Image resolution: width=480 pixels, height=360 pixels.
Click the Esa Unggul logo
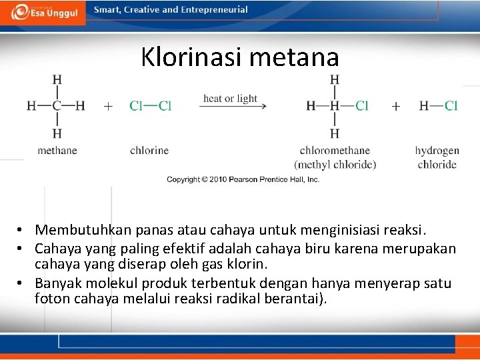point(43,12)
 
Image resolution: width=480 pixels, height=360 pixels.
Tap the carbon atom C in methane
point(57,105)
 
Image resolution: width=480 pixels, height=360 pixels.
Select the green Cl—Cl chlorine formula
point(150,105)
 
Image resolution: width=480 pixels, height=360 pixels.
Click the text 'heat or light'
point(230,98)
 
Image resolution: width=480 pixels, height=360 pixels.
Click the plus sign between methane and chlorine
point(108,106)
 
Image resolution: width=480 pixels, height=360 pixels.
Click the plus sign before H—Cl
point(396,106)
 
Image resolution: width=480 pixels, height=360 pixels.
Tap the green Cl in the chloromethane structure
point(361,105)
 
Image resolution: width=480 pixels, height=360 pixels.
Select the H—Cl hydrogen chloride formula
point(438,105)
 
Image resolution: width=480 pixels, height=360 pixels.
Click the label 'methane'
point(57,151)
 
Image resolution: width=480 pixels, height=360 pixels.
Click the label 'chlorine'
point(149,151)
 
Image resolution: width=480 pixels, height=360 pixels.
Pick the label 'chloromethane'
point(335,151)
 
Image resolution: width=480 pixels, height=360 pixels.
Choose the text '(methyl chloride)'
point(335,165)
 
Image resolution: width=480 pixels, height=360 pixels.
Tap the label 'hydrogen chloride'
point(437,157)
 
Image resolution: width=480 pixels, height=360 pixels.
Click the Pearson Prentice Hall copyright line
point(243,179)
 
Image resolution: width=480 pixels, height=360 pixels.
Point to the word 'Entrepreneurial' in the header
point(214,10)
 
